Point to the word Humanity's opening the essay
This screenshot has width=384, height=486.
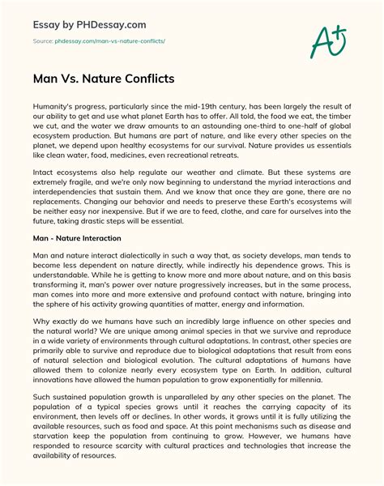(53, 107)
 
